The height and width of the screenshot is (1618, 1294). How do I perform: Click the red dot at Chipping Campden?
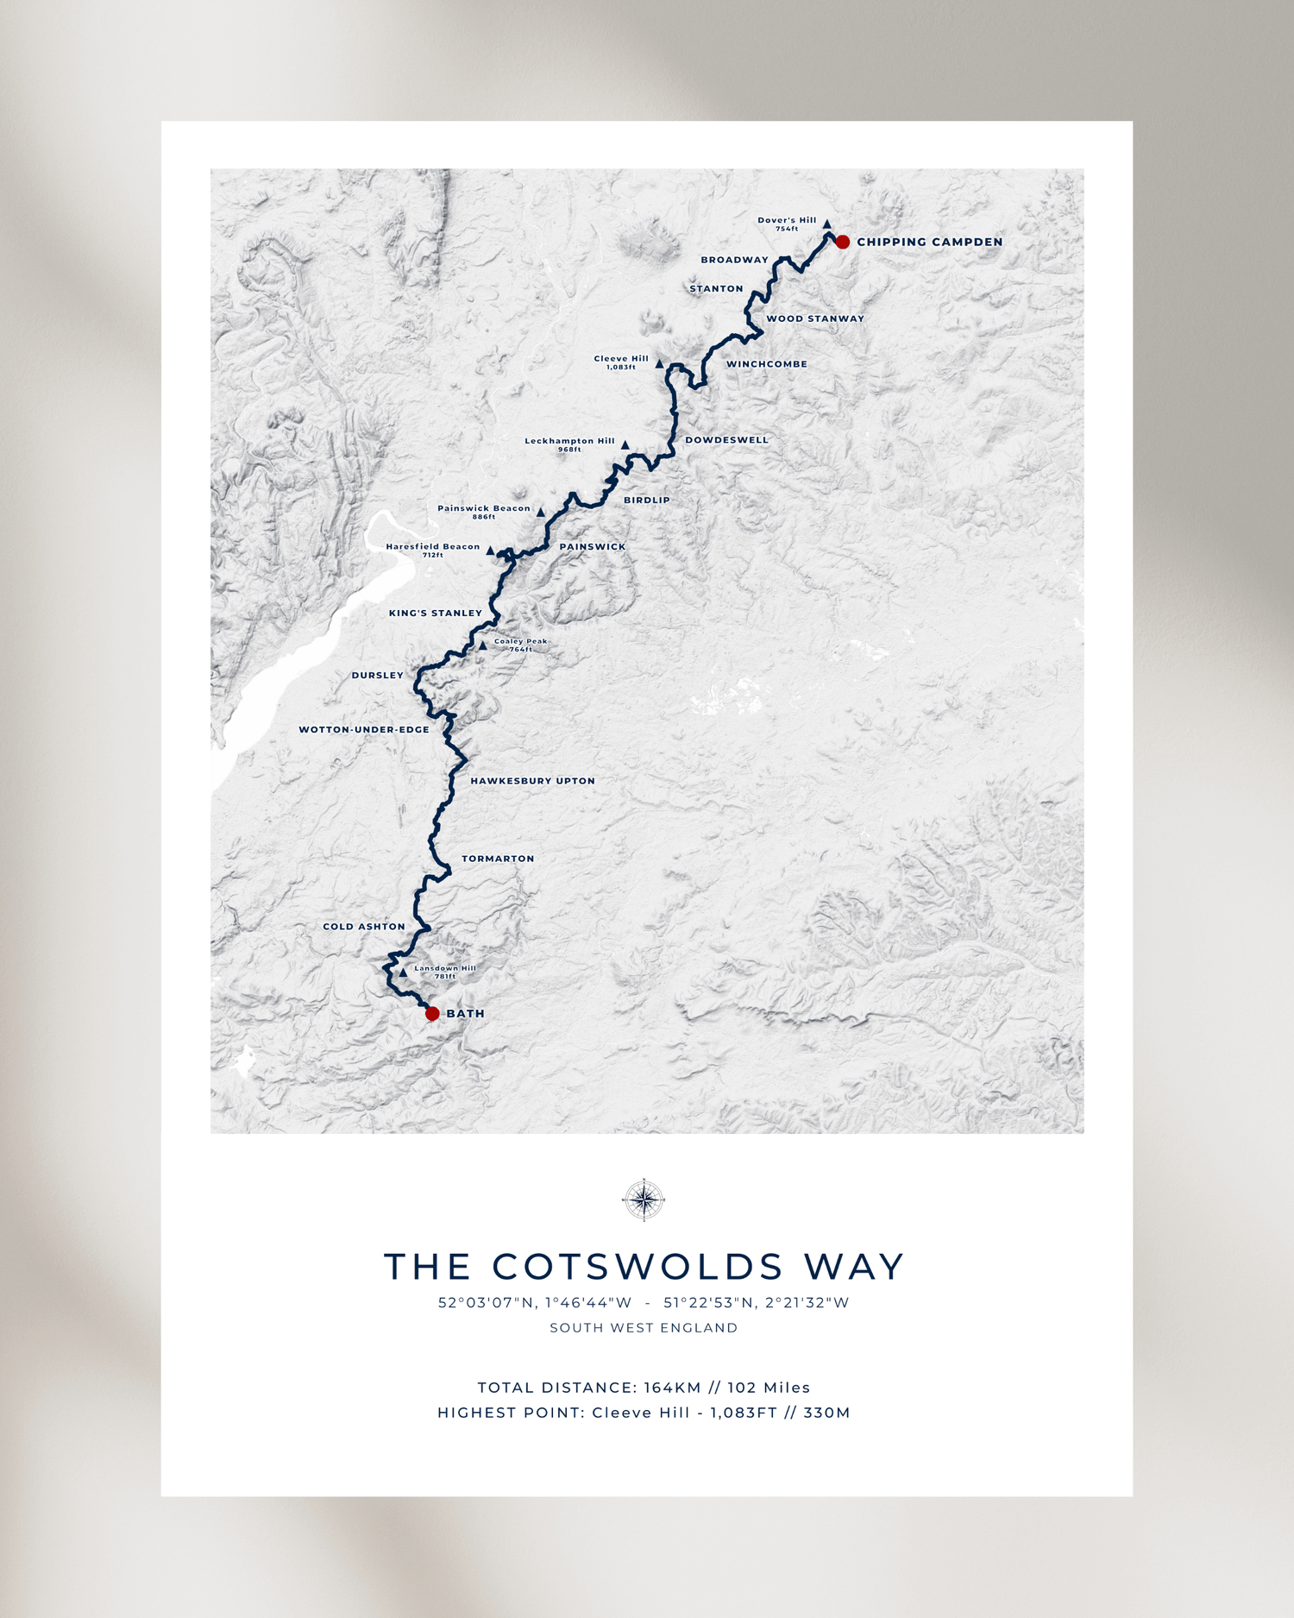tap(843, 242)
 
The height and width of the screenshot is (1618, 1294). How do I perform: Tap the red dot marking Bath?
tap(432, 1013)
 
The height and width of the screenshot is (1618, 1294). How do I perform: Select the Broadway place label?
tap(734, 260)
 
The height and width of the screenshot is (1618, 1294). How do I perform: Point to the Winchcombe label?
tap(766, 364)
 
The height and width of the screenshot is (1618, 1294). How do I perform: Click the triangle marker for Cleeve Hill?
tap(659, 364)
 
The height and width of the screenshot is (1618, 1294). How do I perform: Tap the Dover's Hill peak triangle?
tap(826, 223)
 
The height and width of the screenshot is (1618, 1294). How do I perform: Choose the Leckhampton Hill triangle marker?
tap(625, 445)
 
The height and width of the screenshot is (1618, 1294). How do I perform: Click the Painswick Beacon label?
tap(484, 508)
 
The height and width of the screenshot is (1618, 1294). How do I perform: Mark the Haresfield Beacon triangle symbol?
tap(490, 551)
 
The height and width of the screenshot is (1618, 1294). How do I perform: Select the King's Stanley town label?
tap(436, 614)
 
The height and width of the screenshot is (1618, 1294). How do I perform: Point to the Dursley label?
tap(377, 676)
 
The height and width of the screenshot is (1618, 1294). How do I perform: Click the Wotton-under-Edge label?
tap(364, 730)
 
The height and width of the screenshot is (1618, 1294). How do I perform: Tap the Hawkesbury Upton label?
tap(532, 781)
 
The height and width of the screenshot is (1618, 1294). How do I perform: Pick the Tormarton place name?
tap(498, 859)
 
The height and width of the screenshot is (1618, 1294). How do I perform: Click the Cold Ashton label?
tap(364, 927)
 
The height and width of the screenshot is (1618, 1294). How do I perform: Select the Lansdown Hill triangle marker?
tap(403, 973)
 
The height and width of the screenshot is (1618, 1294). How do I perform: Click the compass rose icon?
tap(644, 1199)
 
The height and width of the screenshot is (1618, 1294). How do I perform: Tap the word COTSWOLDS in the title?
tap(638, 1267)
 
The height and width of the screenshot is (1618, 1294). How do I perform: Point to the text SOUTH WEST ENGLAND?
tap(644, 1328)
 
